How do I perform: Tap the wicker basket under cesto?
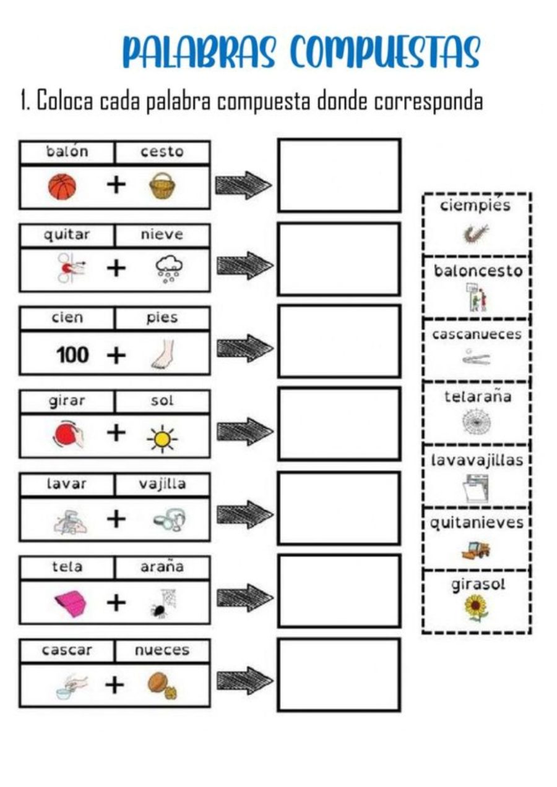[x=162, y=186]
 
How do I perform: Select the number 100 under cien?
[x=72, y=355]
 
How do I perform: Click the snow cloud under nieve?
[x=167, y=270]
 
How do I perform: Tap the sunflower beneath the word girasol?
[x=476, y=608]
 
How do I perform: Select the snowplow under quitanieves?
[x=476, y=548]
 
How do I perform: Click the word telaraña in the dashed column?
[x=477, y=396]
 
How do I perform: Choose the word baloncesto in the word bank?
[x=477, y=271]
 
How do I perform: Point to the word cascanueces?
[x=477, y=334]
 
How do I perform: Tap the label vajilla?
[x=162, y=484]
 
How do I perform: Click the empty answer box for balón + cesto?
[x=339, y=175]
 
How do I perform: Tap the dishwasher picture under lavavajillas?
[x=477, y=488]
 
